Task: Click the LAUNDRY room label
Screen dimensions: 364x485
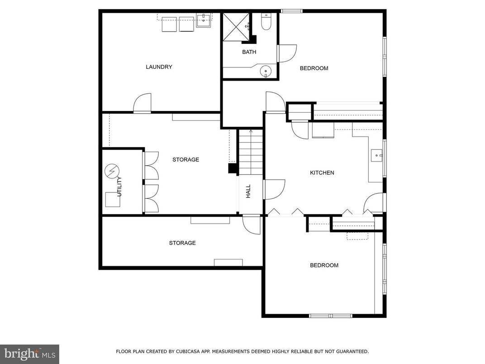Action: pyautogui.click(x=159, y=67)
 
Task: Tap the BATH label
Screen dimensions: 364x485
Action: pyautogui.click(x=249, y=52)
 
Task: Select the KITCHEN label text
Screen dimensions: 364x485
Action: pyautogui.click(x=322, y=172)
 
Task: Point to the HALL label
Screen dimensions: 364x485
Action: pyautogui.click(x=248, y=191)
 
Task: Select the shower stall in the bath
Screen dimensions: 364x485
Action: pyautogui.click(x=236, y=27)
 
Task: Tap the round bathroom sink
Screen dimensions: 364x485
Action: pyautogui.click(x=266, y=71)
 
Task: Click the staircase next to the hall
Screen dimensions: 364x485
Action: pyautogui.click(x=251, y=152)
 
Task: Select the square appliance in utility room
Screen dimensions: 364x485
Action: pyautogui.click(x=113, y=199)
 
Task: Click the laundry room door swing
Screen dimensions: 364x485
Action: pyautogui.click(x=143, y=103)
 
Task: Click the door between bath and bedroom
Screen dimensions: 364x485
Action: pyautogui.click(x=286, y=53)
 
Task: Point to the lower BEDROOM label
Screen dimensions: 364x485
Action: pyautogui.click(x=324, y=265)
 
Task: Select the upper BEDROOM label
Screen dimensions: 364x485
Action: pyautogui.click(x=314, y=68)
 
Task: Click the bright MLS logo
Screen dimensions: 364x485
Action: pyautogui.click(x=29, y=354)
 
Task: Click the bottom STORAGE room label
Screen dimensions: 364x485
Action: pyautogui.click(x=182, y=243)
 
